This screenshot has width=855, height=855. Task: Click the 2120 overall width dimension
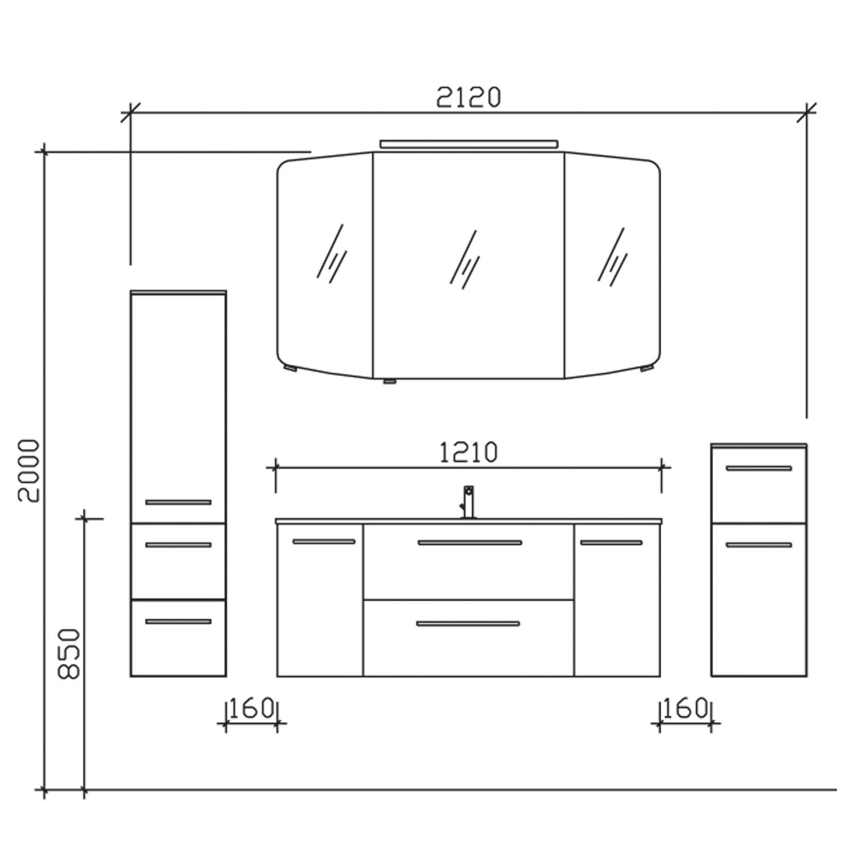[469, 97]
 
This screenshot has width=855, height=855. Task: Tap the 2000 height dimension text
[28, 471]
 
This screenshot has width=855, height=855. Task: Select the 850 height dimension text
[69, 654]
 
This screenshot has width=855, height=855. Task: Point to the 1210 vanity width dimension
[469, 453]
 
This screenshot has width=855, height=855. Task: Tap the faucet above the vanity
[467, 502]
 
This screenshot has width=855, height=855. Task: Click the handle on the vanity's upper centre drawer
[470, 543]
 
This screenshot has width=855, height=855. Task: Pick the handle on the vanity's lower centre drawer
[468, 624]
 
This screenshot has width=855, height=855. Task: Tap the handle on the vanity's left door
[324, 541]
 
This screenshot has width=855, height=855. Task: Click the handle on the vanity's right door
[612, 543]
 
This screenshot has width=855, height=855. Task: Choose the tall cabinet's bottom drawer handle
[178, 621]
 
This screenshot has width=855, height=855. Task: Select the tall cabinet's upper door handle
[178, 502]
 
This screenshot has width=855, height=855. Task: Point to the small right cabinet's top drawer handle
[759, 469]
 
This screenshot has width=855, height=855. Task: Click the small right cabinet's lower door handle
[759, 545]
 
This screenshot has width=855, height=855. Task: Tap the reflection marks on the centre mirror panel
[465, 259]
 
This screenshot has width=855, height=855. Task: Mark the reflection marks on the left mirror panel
[332, 253]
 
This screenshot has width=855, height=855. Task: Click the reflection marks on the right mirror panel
[612, 256]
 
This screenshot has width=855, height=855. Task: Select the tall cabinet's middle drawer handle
[178, 545]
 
